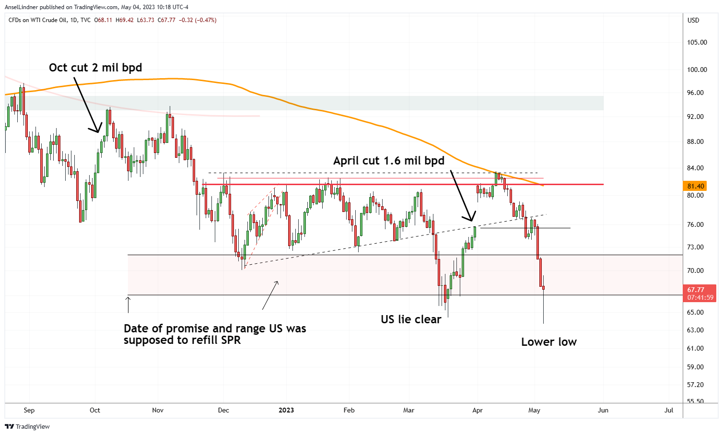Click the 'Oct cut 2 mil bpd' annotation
[95, 68]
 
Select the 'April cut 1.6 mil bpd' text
[389, 161]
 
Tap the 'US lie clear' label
[411, 319]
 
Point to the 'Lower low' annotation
[548, 342]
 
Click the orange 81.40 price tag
[696, 186]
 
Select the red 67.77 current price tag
[696, 290]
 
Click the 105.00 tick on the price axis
[697, 42]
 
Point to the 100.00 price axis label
[697, 70]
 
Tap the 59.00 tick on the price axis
[695, 367]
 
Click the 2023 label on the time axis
[286, 410]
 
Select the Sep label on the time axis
[29, 410]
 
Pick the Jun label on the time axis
[603, 410]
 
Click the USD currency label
[693, 20]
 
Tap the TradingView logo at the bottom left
[27, 426]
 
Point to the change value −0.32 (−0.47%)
[198, 20]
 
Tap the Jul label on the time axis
[669, 410]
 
